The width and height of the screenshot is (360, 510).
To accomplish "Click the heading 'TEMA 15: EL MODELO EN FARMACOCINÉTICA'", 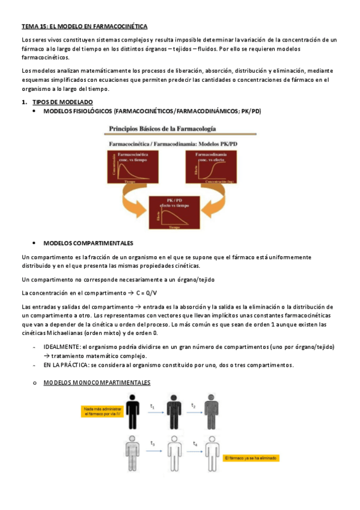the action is coord(84,26).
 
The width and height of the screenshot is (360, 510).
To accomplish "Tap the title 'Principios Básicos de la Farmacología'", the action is coord(162,129).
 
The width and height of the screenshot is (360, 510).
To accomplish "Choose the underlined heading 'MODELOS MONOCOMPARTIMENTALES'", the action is coord(97,382).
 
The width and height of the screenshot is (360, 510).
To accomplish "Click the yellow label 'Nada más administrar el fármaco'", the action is coord(103,411).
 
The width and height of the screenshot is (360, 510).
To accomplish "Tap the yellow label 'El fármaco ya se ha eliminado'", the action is coord(251,458).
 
